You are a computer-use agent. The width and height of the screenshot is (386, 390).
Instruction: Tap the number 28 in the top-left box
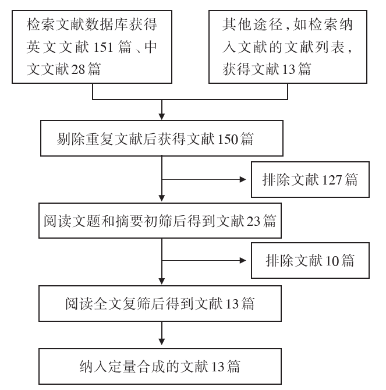click(78, 69)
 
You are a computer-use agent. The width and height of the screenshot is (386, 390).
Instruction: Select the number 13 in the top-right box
click(289, 69)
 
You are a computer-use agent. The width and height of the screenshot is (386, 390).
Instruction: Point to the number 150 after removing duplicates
click(228, 139)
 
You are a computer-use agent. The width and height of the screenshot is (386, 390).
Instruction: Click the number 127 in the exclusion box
click(332, 180)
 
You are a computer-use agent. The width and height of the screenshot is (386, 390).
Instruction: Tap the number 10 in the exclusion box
click(332, 261)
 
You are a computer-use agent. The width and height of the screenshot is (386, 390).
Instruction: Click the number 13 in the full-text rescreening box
click(232, 304)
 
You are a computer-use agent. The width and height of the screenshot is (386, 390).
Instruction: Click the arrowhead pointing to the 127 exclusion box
click(243, 180)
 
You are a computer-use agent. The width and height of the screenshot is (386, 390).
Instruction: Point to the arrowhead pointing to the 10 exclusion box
click(243, 261)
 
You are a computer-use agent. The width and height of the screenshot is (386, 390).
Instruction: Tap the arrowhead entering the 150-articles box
click(162, 116)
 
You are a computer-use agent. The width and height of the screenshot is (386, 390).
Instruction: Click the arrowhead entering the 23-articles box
click(162, 198)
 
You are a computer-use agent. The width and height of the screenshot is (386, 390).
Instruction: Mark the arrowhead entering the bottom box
click(162, 342)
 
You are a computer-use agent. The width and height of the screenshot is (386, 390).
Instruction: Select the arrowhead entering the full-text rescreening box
click(162, 281)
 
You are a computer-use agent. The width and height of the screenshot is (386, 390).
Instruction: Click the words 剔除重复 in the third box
click(86, 139)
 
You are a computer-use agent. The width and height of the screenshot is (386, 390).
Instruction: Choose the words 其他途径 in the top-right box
click(252, 24)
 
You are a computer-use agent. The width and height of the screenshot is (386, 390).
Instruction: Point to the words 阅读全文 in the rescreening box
click(94, 304)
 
